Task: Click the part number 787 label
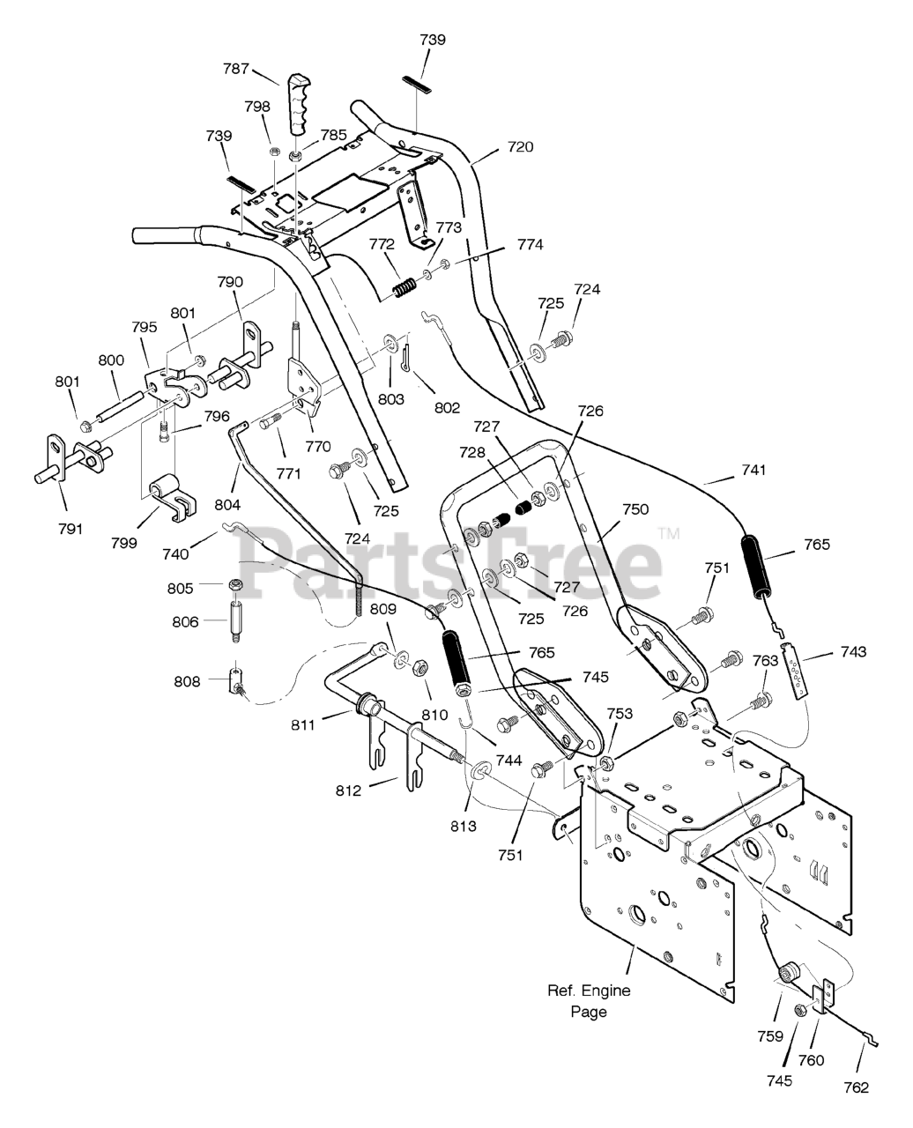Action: (236, 69)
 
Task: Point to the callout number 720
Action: (520, 146)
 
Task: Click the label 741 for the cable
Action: (753, 470)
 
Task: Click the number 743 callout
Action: (853, 651)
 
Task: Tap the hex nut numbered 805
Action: (234, 584)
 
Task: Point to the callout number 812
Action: (348, 790)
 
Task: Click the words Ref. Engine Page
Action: (589, 1001)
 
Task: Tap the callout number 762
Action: (857, 1087)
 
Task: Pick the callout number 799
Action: (124, 543)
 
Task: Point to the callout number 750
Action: (635, 509)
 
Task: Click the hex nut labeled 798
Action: (275, 152)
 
